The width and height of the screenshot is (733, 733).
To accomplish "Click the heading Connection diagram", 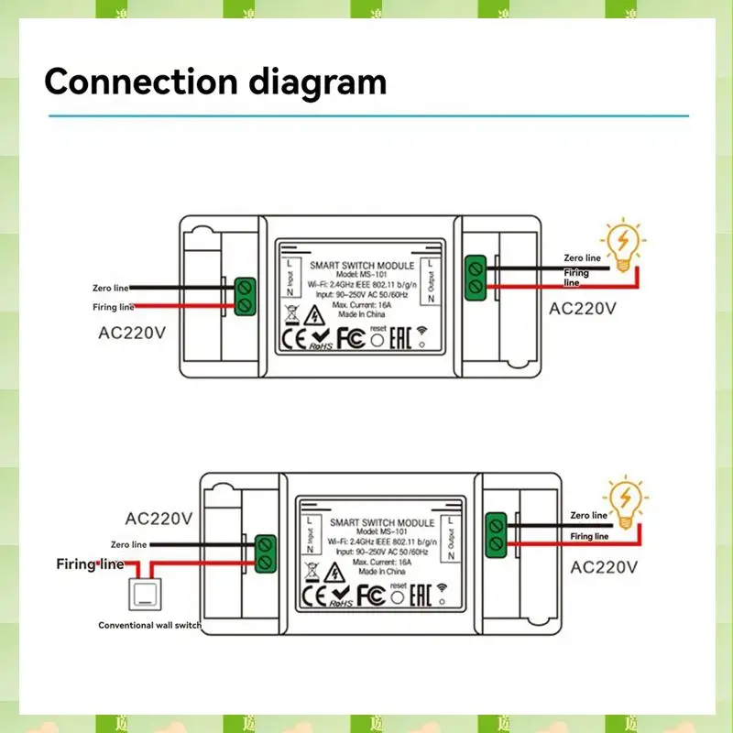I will point(214,82).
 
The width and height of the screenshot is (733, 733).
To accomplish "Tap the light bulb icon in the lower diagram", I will point(626,500).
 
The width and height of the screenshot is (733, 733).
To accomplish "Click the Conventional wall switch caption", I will point(149,625).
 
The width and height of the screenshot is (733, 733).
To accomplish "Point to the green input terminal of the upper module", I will point(245,295).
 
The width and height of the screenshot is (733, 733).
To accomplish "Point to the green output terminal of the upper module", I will point(476,277).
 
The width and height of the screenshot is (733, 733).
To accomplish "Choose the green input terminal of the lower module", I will point(267,552).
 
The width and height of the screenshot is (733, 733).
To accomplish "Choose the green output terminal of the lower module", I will point(498,535).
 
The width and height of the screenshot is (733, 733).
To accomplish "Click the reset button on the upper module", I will point(376,338).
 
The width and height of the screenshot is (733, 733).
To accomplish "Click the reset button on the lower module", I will point(398,596).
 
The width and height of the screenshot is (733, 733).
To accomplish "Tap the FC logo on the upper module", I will point(350,338).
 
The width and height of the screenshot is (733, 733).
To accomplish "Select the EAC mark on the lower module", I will point(422,595).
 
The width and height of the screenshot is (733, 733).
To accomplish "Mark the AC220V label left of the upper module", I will point(132,333).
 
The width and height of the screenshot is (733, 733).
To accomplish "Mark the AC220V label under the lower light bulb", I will point(604,567).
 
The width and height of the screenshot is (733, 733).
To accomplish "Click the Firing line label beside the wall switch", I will point(90,563).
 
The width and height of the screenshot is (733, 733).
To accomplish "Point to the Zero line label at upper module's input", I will point(113,289).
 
